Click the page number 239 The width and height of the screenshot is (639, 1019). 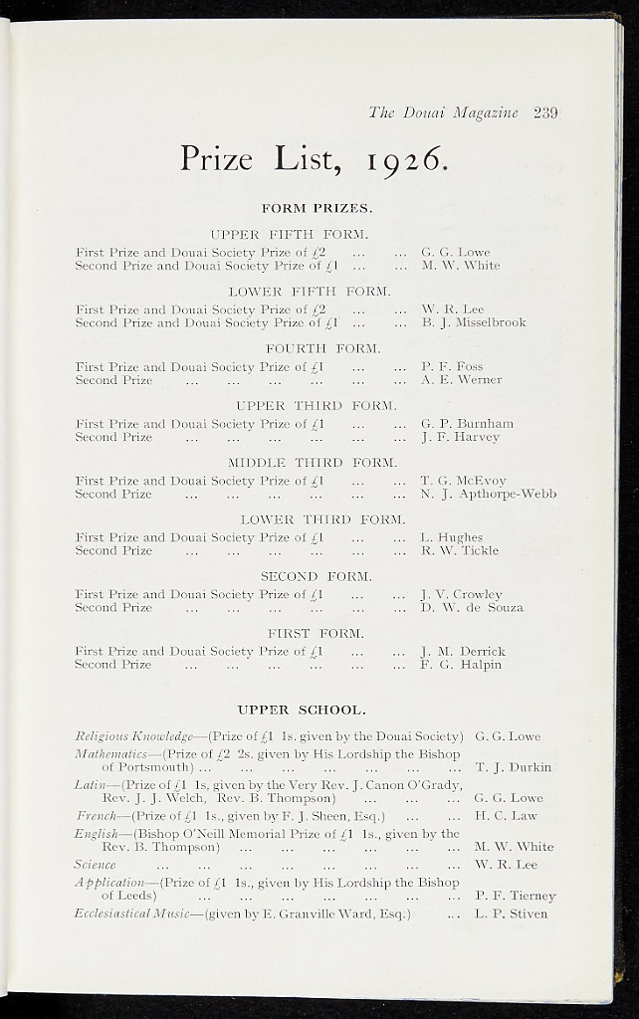544,112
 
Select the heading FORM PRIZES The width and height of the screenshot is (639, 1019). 317,208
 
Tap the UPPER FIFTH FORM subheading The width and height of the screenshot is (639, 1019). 290,235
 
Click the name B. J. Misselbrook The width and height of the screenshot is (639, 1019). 473,322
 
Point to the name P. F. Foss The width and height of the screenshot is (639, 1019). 452,366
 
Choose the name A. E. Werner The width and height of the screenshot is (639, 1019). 461,379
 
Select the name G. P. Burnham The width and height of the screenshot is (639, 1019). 467,423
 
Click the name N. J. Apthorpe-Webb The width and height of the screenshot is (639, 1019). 488,494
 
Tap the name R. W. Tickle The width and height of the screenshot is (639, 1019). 460,550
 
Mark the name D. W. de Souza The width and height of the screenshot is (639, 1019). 471,607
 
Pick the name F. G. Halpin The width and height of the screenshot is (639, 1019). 461,664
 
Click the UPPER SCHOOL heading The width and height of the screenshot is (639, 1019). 303,710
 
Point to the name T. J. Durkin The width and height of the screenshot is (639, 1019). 513,767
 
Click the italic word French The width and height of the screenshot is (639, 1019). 96,816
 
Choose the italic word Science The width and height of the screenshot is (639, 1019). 96,865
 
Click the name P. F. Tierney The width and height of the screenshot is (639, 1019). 515,896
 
